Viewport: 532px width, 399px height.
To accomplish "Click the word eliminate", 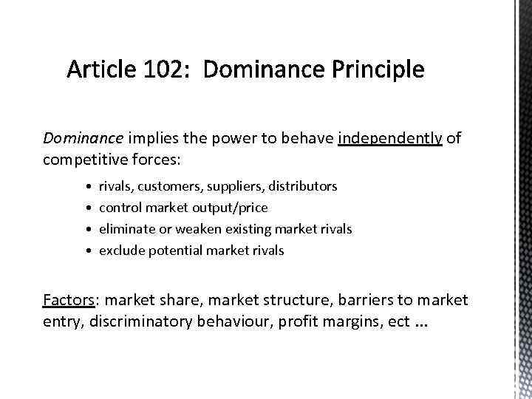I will point(125,229).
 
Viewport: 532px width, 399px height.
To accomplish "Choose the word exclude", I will point(122,250).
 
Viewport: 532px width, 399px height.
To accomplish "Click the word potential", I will point(177,250).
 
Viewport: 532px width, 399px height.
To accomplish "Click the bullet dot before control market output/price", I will point(89,208).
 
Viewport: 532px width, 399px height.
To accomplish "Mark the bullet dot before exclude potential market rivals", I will point(89,250).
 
